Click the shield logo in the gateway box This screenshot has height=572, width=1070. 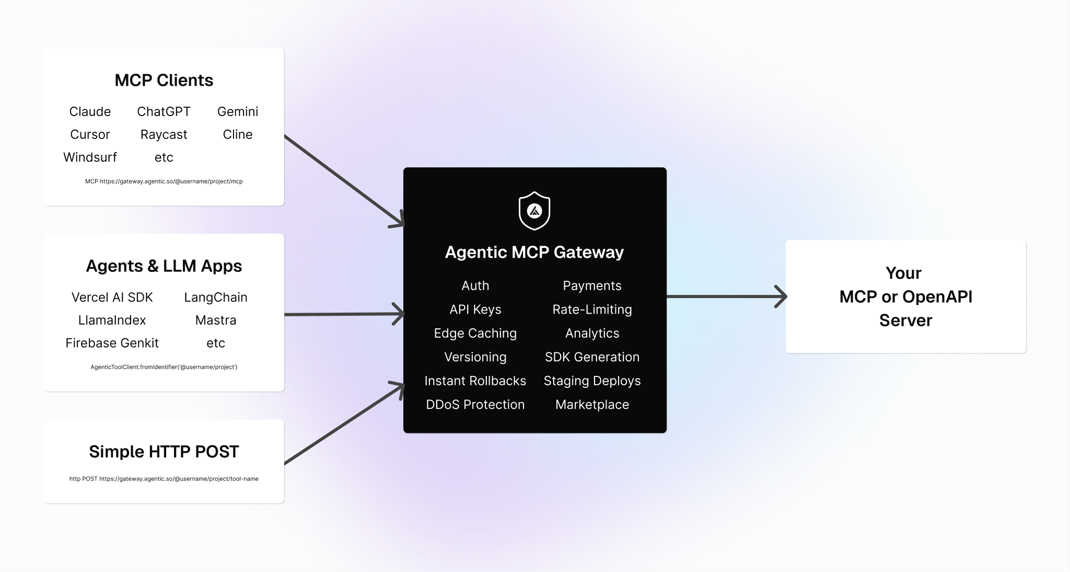534,211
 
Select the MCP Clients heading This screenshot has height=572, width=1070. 164,81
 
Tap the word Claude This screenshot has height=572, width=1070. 90,112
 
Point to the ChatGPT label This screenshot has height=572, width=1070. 164,112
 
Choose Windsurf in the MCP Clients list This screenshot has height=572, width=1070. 90,157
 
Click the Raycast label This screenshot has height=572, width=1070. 164,135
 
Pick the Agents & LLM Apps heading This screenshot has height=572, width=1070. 164,266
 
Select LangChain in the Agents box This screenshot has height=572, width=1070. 215,298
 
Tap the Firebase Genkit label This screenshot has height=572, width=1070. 112,343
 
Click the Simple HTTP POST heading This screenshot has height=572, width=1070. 164,452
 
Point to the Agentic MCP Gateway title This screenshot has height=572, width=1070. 534,253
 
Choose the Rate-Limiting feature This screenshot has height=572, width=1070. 592,310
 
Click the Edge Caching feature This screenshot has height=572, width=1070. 475,334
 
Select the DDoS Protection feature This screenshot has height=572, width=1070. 475,405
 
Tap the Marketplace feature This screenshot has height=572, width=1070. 592,405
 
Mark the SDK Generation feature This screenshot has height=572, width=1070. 592,357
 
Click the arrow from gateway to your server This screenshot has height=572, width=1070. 726,297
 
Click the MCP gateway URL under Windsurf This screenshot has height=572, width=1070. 164,181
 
